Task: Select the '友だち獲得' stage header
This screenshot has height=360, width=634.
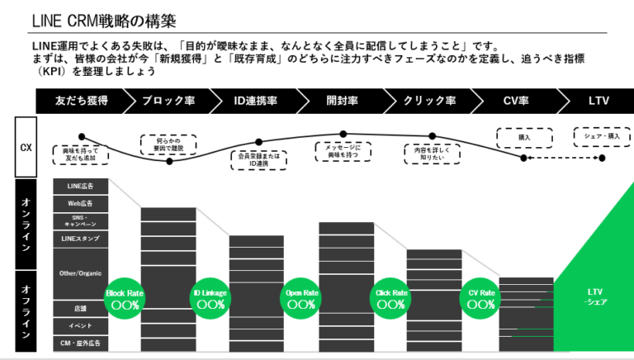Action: coord(81,101)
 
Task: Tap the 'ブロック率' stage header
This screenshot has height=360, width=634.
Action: coord(168,101)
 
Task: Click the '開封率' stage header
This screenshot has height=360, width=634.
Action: coord(342,101)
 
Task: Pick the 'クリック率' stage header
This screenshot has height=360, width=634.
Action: coord(428,101)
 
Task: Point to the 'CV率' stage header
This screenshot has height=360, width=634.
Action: coord(516,101)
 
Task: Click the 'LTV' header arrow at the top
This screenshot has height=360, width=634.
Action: coord(595,101)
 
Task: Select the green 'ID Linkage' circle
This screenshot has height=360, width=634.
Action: coord(211,298)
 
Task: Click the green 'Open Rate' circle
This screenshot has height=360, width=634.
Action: coord(301,298)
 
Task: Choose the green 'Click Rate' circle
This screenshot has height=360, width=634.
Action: coord(391,298)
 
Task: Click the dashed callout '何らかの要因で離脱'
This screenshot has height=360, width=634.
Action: coord(169,145)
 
